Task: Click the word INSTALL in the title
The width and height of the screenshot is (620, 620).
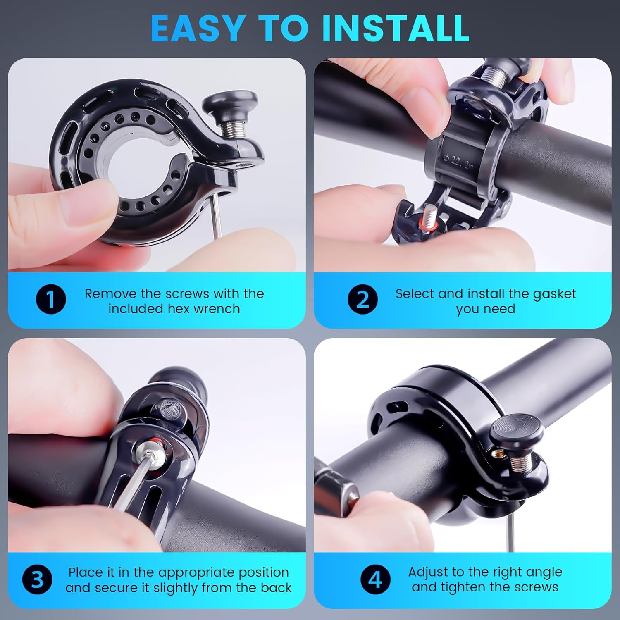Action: point(396,28)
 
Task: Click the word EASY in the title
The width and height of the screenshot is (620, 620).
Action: point(197,28)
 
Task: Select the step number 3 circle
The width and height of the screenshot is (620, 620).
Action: point(37,579)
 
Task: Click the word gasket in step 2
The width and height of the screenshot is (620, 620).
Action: point(554,293)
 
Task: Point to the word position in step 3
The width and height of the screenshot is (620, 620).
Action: point(263,572)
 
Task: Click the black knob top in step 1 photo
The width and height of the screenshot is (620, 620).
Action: point(230,104)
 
